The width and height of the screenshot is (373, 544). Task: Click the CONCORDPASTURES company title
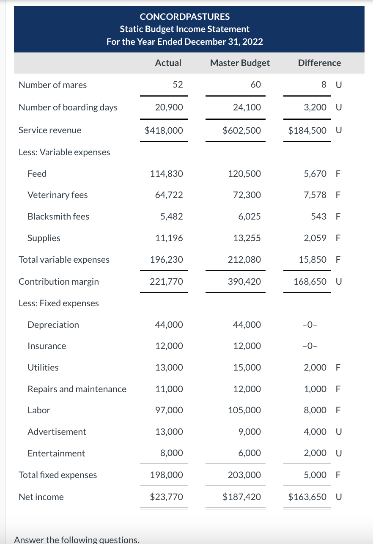(x=185, y=17)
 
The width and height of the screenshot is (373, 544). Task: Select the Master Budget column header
(x=239, y=63)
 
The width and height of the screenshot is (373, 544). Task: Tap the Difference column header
(x=319, y=63)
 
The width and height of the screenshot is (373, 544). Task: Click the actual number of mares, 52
(x=178, y=85)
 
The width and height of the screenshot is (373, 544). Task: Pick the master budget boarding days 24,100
(x=247, y=107)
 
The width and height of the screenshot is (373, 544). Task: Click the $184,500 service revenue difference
(x=307, y=130)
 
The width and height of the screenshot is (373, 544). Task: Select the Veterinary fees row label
(x=58, y=195)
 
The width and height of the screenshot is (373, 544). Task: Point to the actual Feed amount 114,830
(x=167, y=174)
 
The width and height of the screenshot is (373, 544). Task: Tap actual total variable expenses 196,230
(x=167, y=260)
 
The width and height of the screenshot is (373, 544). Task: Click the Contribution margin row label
(x=59, y=282)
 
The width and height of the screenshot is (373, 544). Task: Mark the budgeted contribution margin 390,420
(x=245, y=282)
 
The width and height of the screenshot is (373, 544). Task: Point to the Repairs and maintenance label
(x=77, y=389)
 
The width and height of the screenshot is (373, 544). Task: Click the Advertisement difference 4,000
(x=315, y=432)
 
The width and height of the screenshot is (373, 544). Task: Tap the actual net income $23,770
(x=167, y=497)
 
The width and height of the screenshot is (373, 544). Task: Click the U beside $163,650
(x=338, y=497)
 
